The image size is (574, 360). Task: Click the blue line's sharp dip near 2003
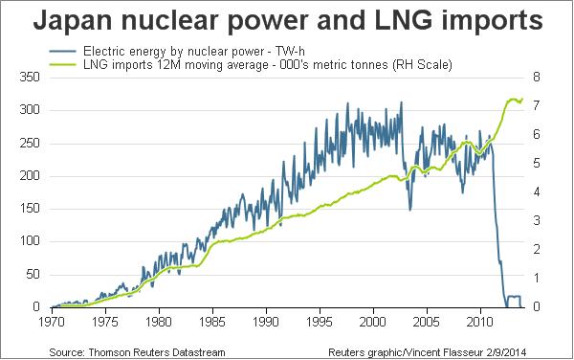(409, 210)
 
